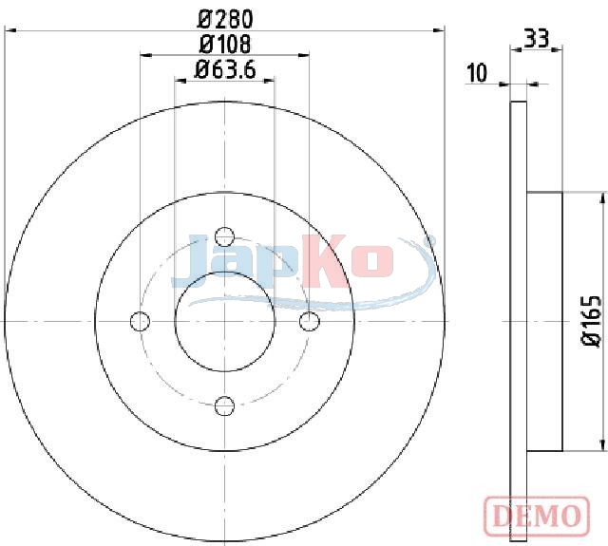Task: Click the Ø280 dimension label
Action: tap(225, 19)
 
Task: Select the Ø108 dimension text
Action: tap(225, 45)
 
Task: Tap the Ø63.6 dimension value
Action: tap(225, 70)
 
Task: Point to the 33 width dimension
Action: tap(536, 38)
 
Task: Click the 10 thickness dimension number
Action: tap(477, 73)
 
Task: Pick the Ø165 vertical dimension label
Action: tap(592, 321)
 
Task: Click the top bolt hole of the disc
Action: tap(224, 236)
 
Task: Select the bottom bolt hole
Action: tap(224, 405)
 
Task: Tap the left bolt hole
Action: tap(140, 321)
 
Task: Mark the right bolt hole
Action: tap(310, 321)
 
